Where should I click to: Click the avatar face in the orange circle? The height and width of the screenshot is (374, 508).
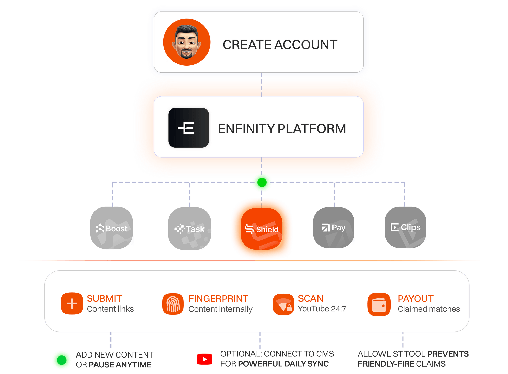pyautogui.click(x=187, y=42)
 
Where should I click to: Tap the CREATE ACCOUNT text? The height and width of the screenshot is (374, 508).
pyautogui.click(x=280, y=45)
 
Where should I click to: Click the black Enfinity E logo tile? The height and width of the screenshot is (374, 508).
pyautogui.click(x=188, y=128)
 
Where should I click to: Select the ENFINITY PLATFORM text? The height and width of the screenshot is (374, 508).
pyautogui.click(x=282, y=129)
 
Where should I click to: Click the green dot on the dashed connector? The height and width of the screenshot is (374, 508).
pyautogui.click(x=262, y=182)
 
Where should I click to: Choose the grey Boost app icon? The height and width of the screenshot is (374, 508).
pyautogui.click(x=112, y=228)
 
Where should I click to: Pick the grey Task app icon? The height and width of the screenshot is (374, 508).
pyautogui.click(x=190, y=228)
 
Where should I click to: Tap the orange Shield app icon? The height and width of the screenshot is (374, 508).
pyautogui.click(x=262, y=229)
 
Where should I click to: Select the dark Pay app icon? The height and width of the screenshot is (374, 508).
pyautogui.click(x=334, y=227)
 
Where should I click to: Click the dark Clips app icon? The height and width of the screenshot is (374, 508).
pyautogui.click(x=405, y=227)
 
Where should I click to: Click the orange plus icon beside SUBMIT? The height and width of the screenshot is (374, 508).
pyautogui.click(x=72, y=303)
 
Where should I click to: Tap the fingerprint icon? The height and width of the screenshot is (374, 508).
pyautogui.click(x=173, y=304)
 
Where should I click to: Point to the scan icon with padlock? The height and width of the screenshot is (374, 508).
pyautogui.click(x=283, y=304)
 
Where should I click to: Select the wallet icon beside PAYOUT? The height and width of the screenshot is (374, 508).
pyautogui.click(x=379, y=304)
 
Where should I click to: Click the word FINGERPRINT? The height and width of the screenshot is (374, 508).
pyautogui.click(x=218, y=299)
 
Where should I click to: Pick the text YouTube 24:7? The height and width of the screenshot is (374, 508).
pyautogui.click(x=322, y=309)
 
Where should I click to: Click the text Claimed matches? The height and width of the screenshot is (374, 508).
pyautogui.click(x=429, y=309)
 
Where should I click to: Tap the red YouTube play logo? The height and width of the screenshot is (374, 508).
pyautogui.click(x=204, y=359)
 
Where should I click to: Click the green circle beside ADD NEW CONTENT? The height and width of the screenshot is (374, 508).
pyautogui.click(x=62, y=360)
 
